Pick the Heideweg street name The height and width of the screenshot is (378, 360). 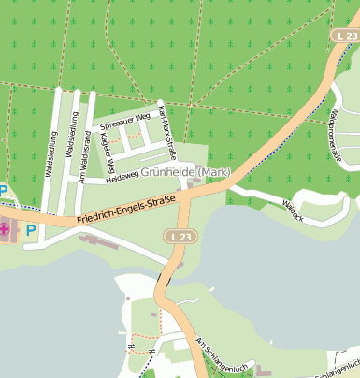coord(122,177)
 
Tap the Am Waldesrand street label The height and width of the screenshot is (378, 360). coord(83,149)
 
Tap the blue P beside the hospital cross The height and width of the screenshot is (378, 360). coord(31,230)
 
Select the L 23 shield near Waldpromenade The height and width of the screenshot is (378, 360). coord(346,36)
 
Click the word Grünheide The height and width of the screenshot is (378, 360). coord(167,172)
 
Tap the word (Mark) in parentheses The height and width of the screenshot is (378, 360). coord(214,172)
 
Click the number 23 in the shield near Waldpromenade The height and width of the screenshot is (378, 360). coord(351,36)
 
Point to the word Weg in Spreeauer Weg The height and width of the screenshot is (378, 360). coord(143,117)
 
